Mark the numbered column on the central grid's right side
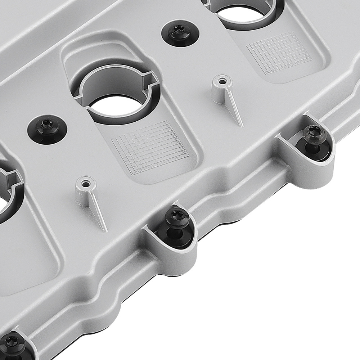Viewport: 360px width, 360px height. (x=179, y=140)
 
